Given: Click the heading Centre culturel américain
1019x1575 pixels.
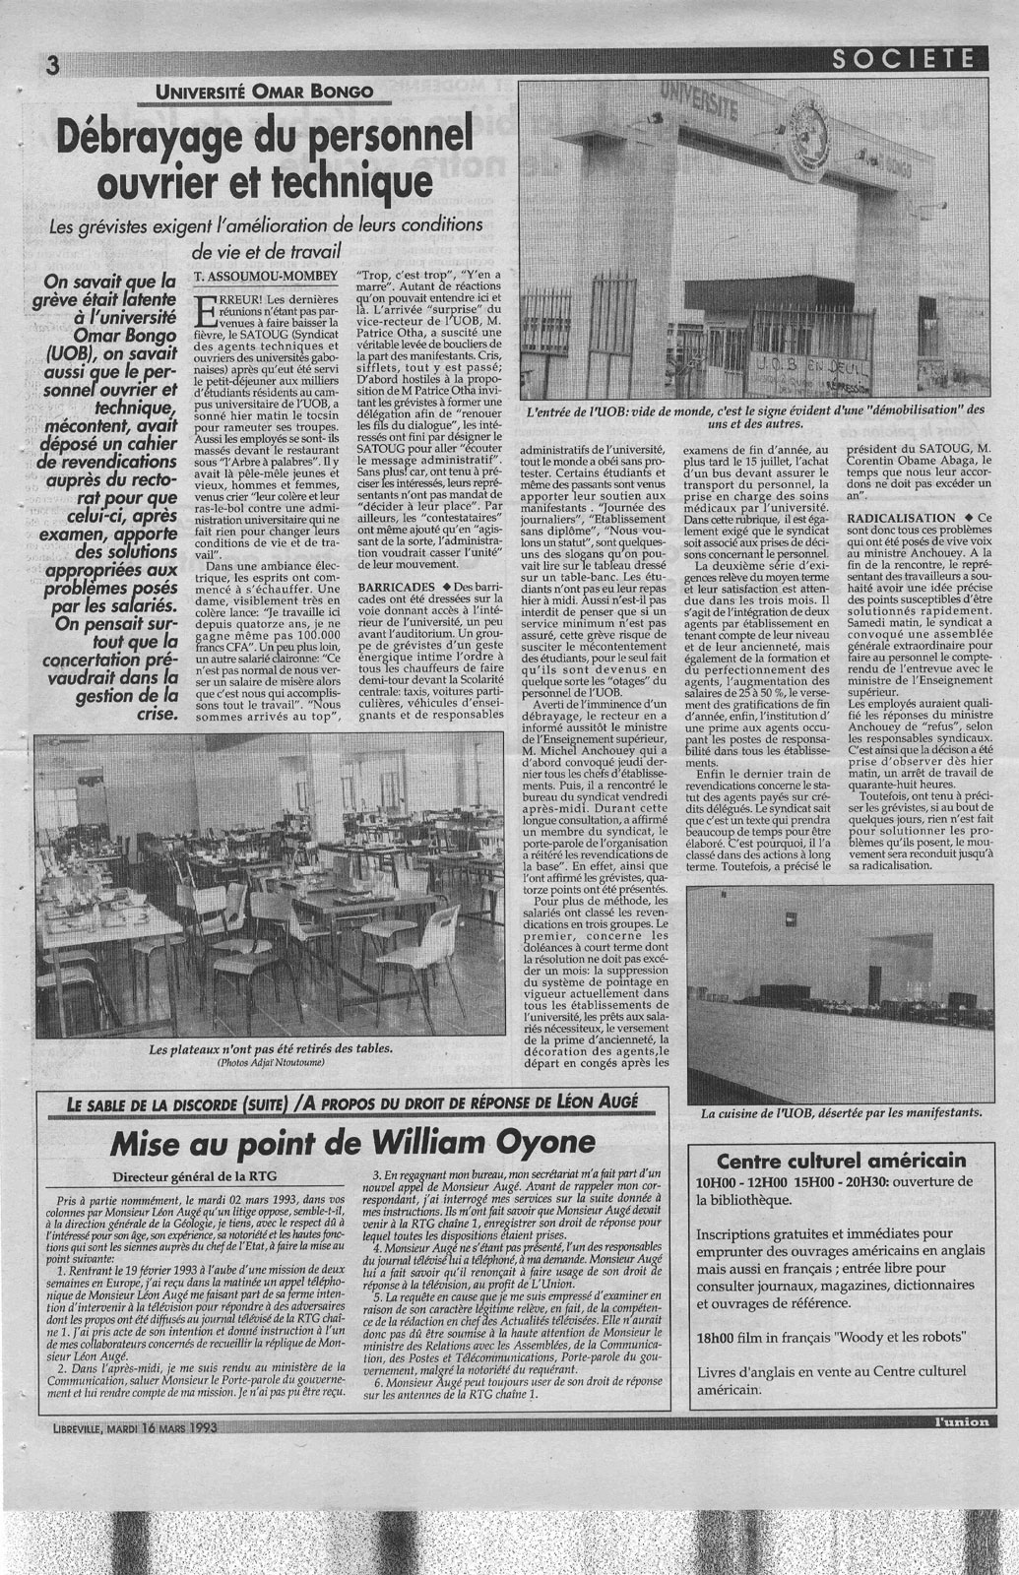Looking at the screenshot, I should pyautogui.click(x=842, y=1161).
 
